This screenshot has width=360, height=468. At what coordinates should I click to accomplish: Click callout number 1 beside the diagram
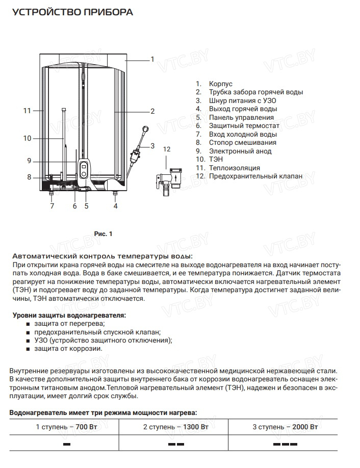(152, 59)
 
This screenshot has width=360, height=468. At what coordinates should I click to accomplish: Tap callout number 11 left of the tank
(27, 110)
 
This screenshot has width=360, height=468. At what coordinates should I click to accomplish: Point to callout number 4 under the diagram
(115, 206)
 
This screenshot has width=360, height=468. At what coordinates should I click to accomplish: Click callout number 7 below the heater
(52, 206)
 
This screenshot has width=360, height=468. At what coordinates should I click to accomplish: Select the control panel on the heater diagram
(84, 169)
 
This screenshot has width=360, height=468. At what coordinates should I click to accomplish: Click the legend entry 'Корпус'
(220, 84)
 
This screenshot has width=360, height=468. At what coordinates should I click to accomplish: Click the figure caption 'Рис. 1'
(103, 233)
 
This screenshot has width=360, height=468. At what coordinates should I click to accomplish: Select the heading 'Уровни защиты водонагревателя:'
(69, 316)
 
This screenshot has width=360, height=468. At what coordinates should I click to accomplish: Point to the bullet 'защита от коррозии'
(68, 349)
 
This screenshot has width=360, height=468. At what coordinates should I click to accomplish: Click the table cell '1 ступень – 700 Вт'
(67, 426)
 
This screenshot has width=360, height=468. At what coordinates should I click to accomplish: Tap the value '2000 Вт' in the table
(305, 426)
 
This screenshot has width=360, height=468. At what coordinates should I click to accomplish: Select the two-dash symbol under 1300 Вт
(176, 445)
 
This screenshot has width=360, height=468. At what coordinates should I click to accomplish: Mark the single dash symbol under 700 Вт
(67, 445)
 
